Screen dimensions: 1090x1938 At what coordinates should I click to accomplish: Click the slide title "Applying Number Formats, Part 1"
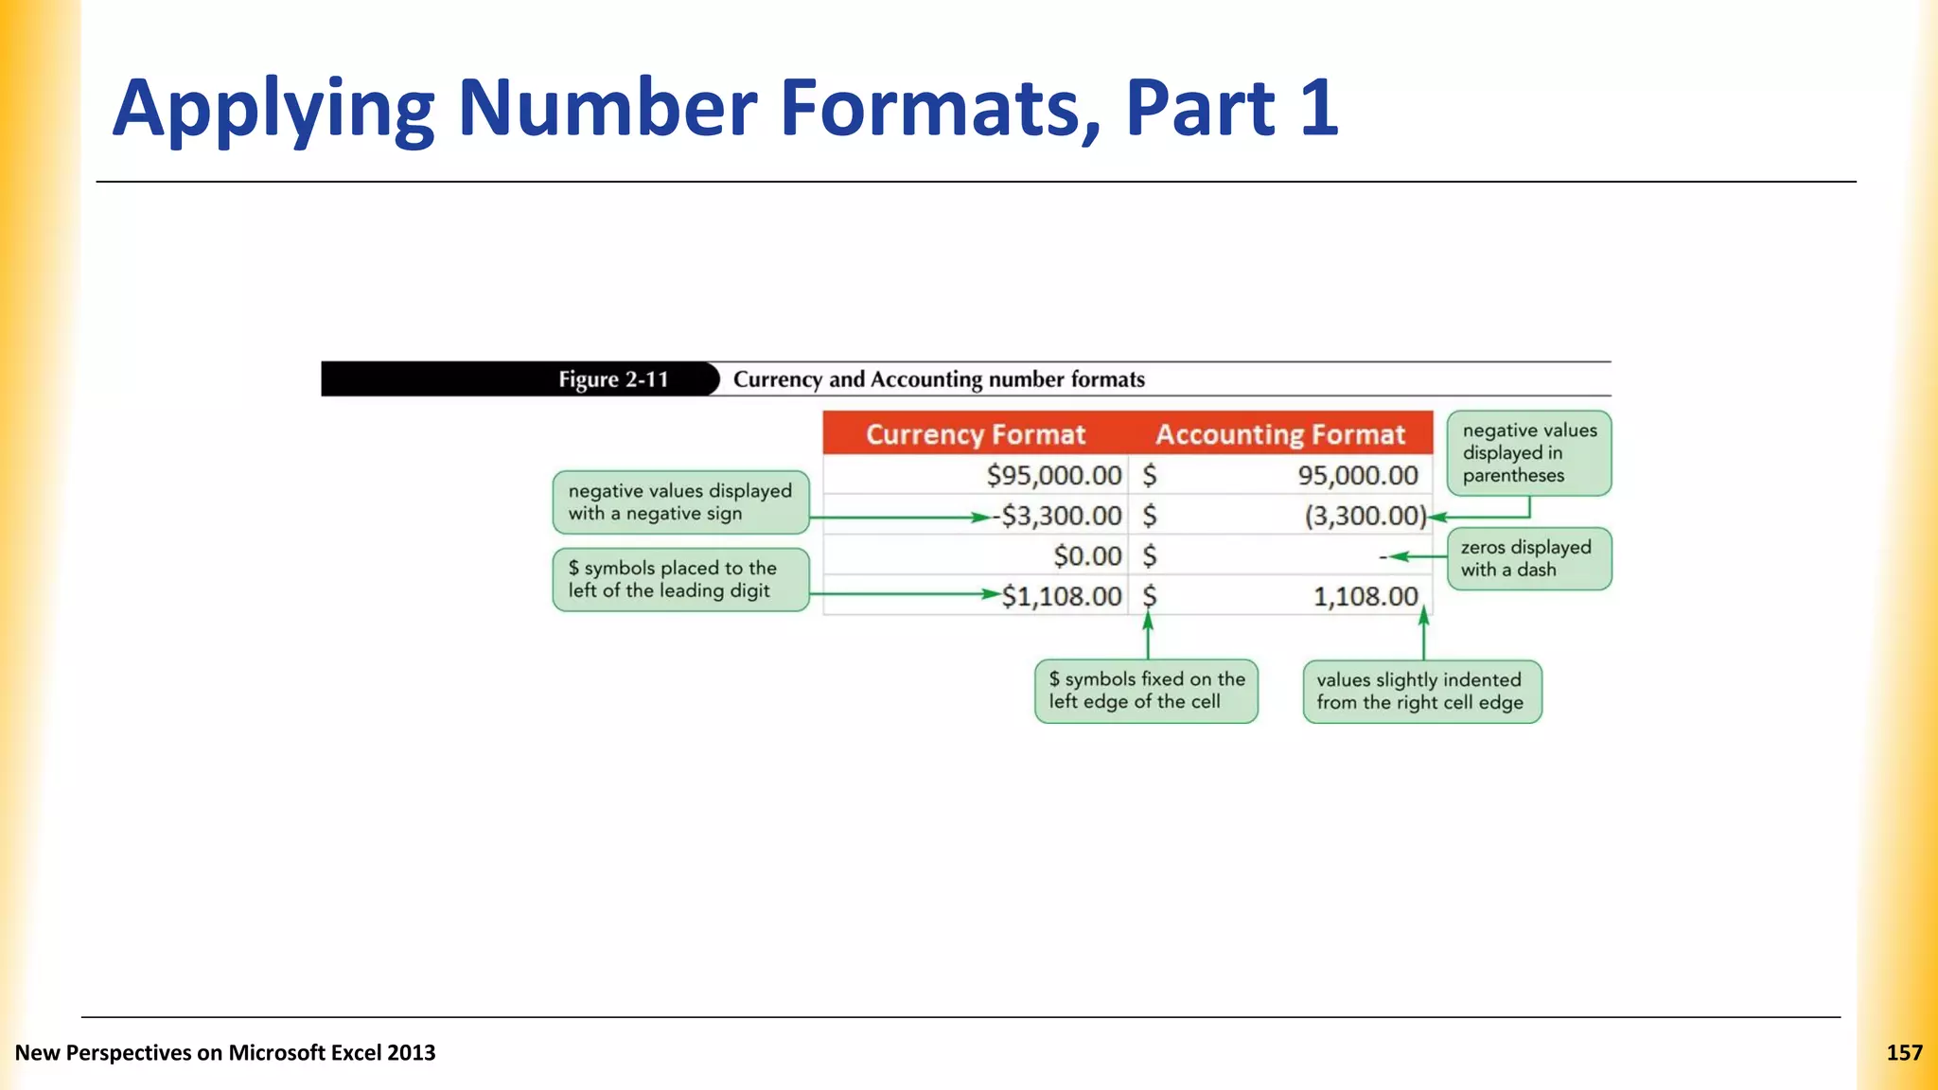(725, 108)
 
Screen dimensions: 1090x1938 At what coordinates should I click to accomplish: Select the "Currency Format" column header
(976, 434)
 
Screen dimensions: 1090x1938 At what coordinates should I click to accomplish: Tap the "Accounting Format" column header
(1280, 434)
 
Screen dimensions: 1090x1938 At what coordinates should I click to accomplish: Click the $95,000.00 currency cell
(1053, 475)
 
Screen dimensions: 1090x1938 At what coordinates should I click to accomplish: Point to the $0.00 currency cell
(1087, 555)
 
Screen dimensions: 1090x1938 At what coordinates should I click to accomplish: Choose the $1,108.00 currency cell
(1061, 596)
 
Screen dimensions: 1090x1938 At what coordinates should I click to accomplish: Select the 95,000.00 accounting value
(1357, 475)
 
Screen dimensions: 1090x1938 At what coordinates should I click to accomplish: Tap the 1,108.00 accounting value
(1365, 596)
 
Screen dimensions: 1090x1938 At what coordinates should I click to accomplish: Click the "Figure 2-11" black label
(613, 379)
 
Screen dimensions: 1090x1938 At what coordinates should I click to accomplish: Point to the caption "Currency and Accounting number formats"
(939, 379)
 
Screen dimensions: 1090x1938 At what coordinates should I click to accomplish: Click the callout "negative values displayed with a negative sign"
(680, 502)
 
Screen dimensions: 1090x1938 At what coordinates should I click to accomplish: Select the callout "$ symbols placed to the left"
(680, 579)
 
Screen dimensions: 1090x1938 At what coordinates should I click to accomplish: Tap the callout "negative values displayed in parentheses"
(1528, 453)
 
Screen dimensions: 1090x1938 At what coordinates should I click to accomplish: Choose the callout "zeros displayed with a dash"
(1528, 558)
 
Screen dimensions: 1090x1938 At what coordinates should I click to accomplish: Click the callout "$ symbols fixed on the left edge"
(1146, 691)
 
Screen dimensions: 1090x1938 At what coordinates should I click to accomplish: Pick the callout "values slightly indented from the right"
(1421, 692)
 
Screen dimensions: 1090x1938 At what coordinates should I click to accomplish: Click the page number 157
(1904, 1053)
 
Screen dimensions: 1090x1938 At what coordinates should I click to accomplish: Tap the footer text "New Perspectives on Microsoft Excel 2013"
(225, 1053)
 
